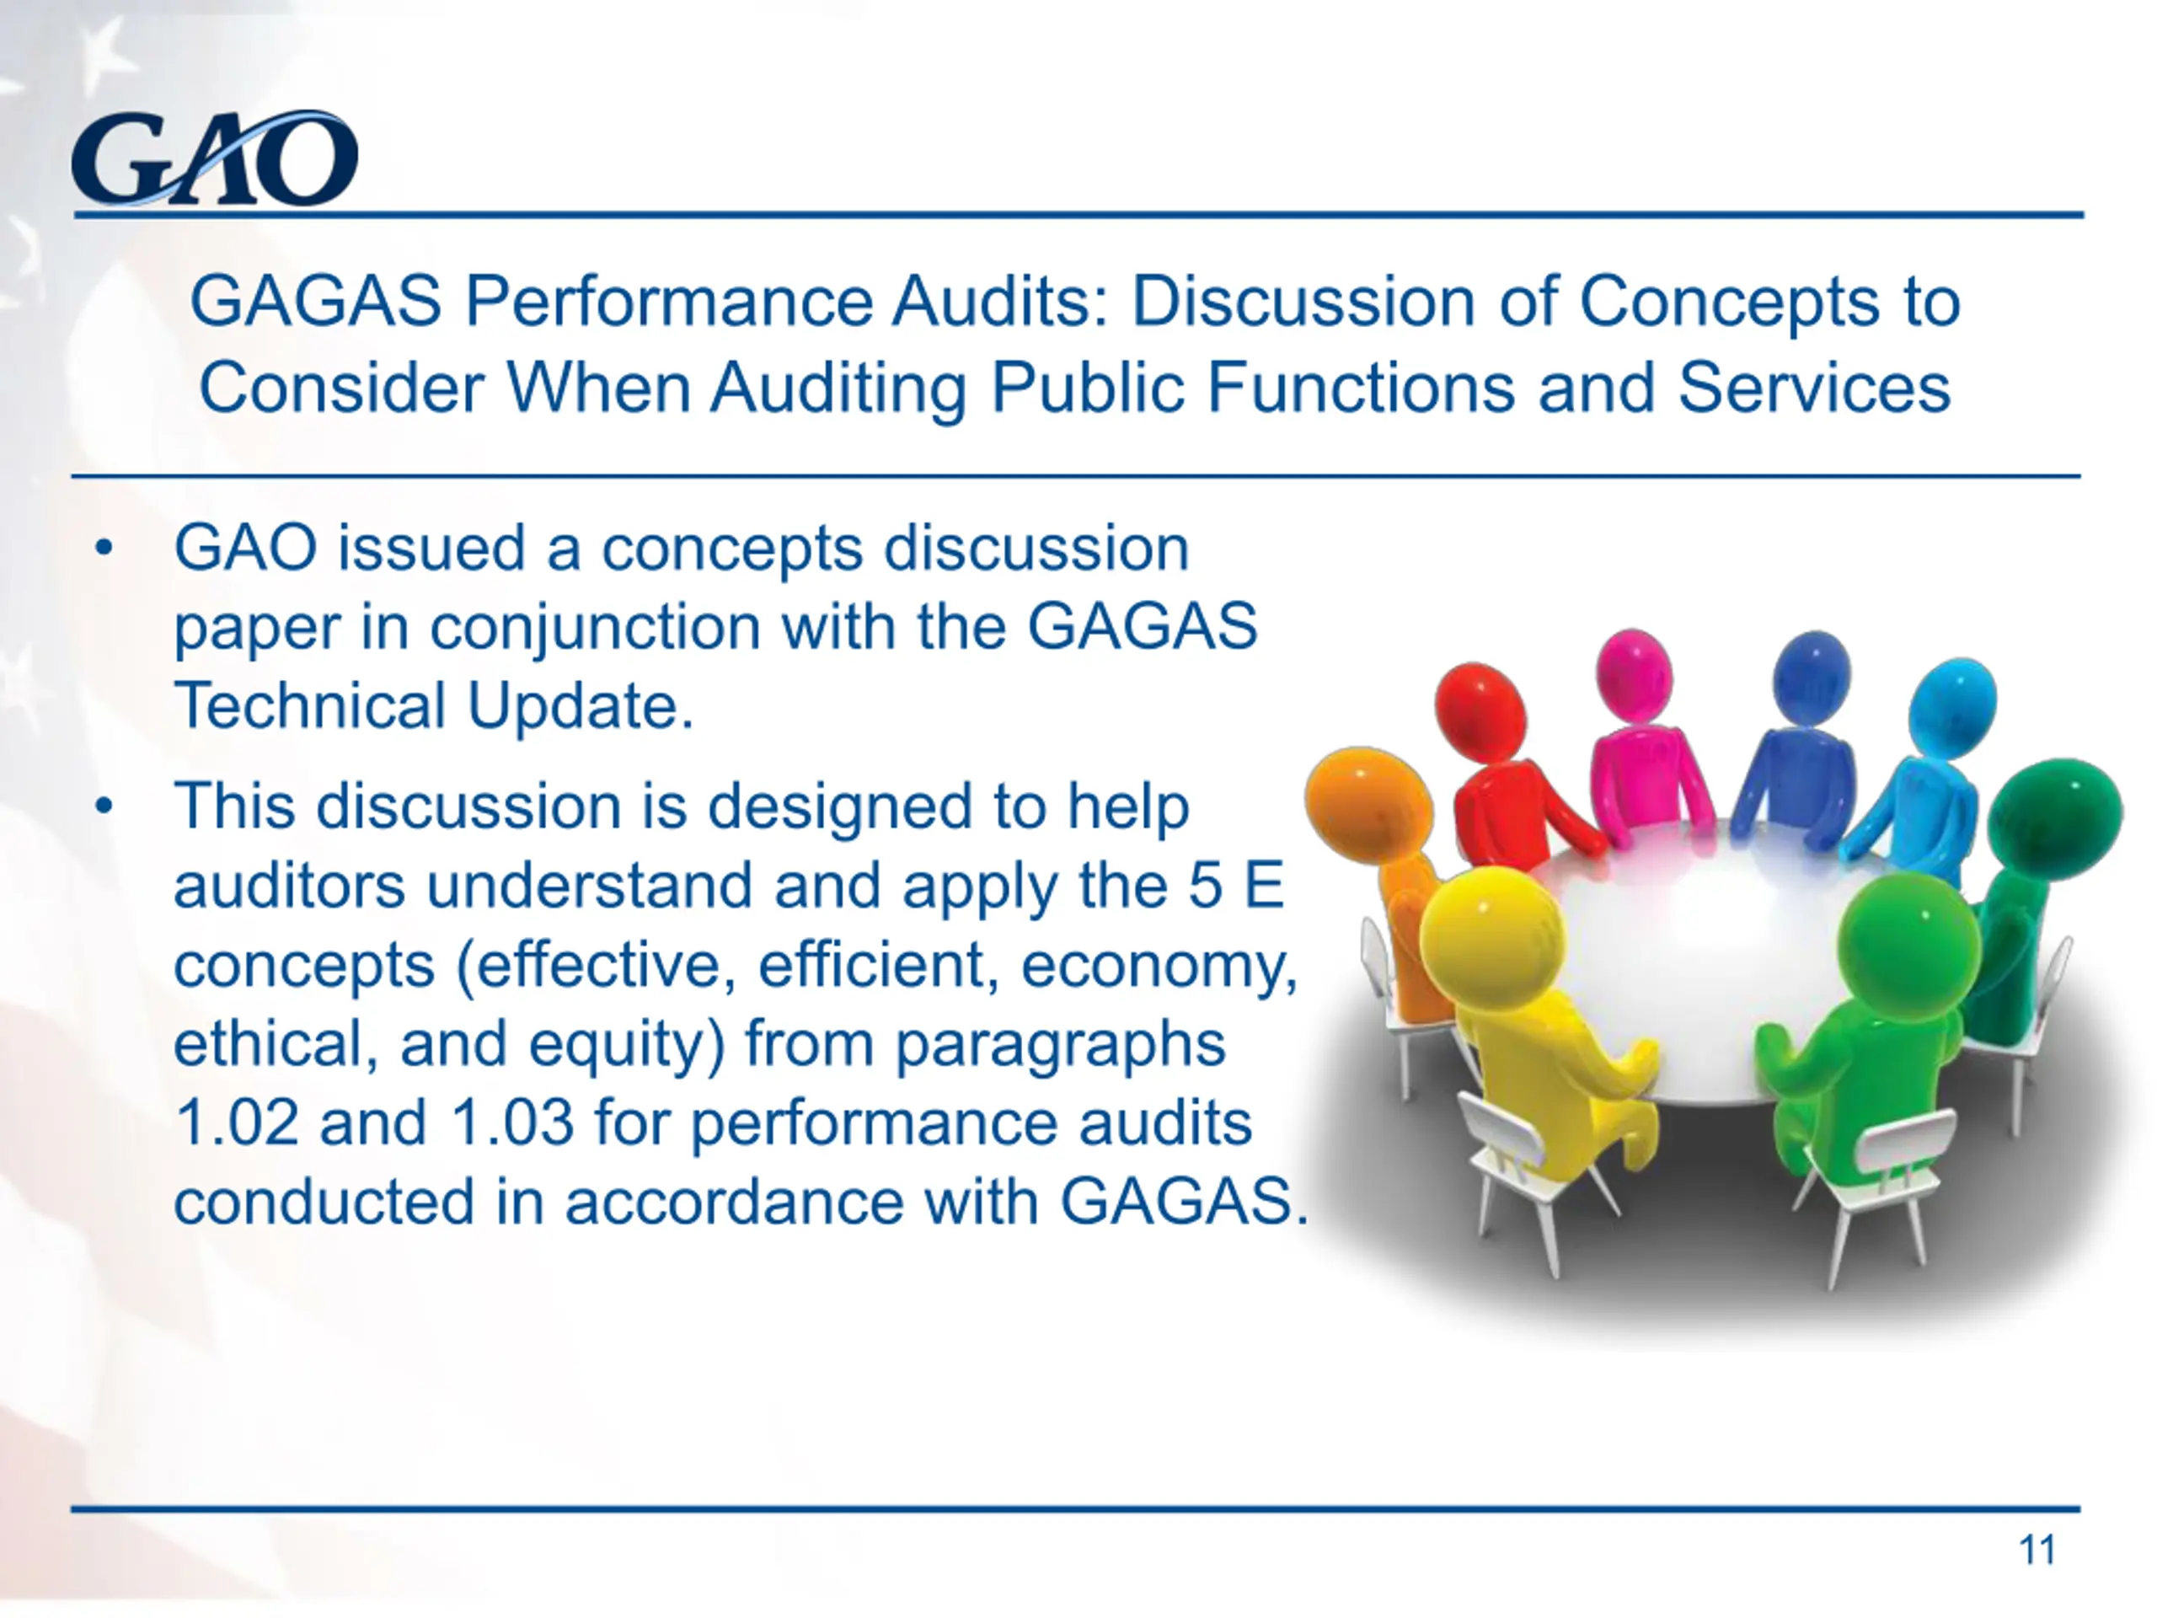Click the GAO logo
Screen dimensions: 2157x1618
pyautogui.click(x=215, y=158)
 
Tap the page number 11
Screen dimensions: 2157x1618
pyautogui.click(x=2036, y=1549)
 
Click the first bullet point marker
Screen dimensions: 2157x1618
pyautogui.click(x=104, y=549)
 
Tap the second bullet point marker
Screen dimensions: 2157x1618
pyautogui.click(x=104, y=807)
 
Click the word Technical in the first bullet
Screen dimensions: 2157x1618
pyautogui.click(x=309, y=705)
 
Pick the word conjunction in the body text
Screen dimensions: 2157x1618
pyautogui.click(x=595, y=628)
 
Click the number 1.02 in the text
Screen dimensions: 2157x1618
pyautogui.click(x=236, y=1122)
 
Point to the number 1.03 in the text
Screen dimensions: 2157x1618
pyautogui.click(x=512, y=1122)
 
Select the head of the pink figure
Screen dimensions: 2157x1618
pyautogui.click(x=1635, y=674)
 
